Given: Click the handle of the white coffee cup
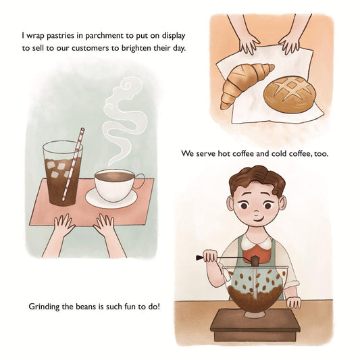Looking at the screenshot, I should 140,180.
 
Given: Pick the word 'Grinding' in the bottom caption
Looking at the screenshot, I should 45,306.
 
